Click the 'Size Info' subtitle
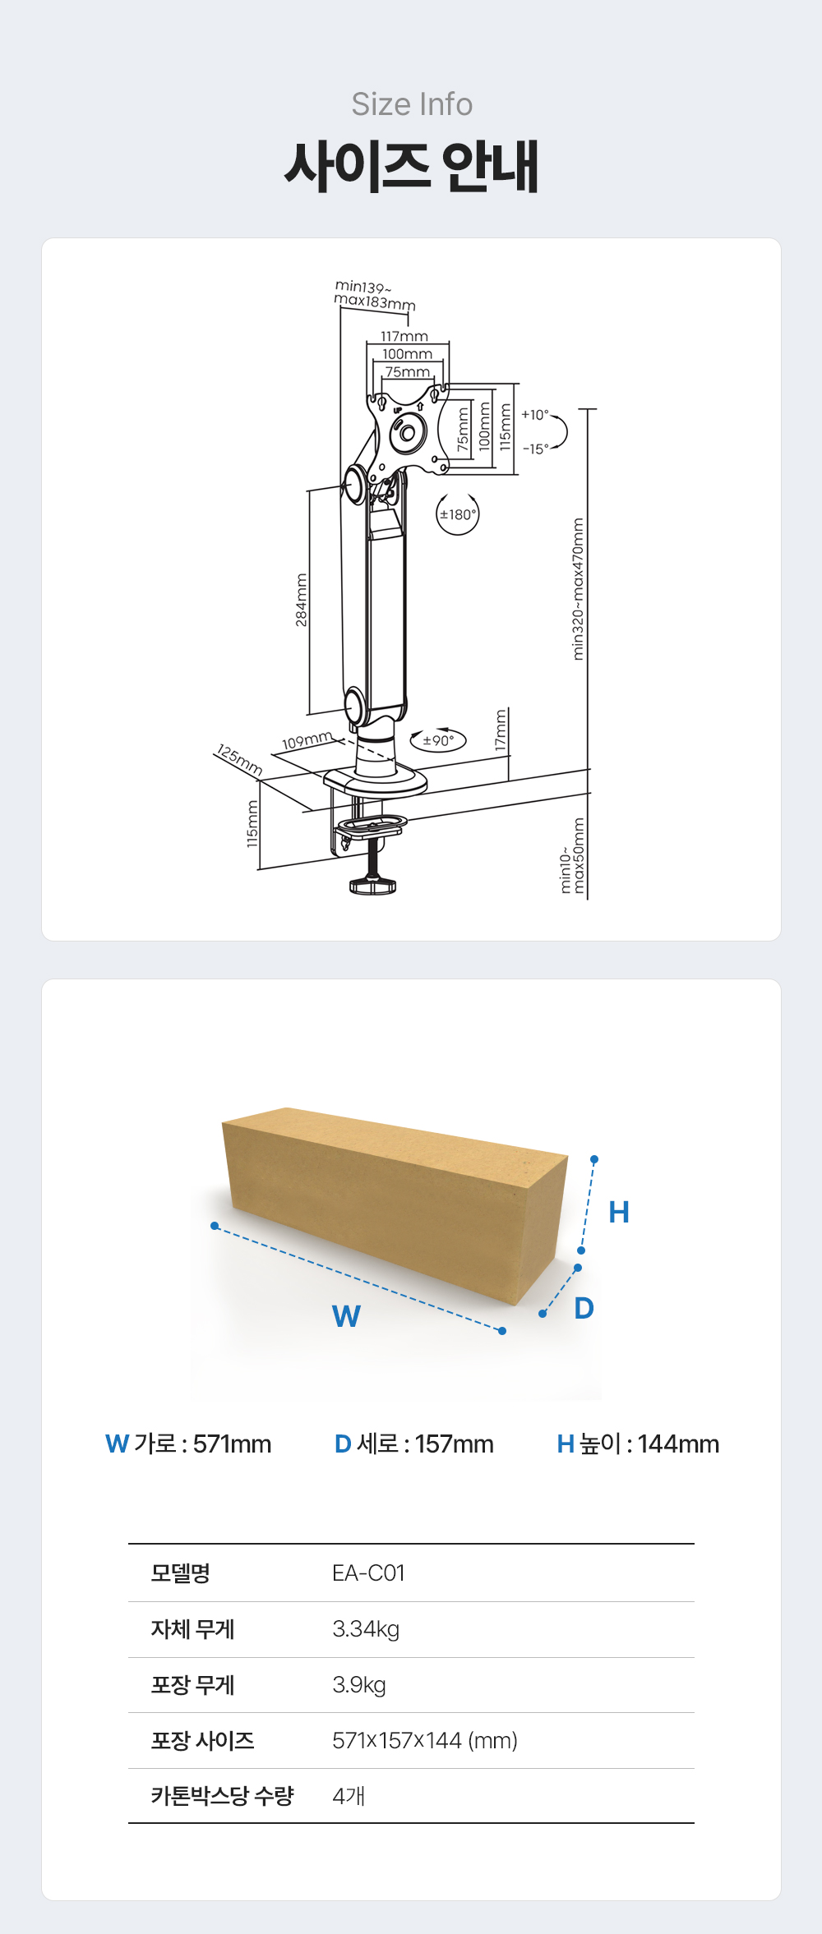(412, 104)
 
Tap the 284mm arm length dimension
(302, 600)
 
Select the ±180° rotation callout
(457, 514)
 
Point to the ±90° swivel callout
(438, 740)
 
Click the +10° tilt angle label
(534, 415)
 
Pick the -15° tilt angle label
(535, 449)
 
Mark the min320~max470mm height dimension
(579, 588)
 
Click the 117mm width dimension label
(404, 336)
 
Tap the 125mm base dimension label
(239, 759)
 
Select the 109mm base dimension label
(307, 741)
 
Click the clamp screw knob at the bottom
(373, 886)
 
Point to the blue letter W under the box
(346, 1316)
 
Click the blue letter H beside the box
(619, 1212)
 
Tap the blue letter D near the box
(584, 1308)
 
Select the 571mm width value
(232, 1444)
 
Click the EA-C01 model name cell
(368, 1573)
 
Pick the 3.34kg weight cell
(366, 1628)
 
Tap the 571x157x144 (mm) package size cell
(425, 1740)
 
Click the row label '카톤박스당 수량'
(222, 1795)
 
